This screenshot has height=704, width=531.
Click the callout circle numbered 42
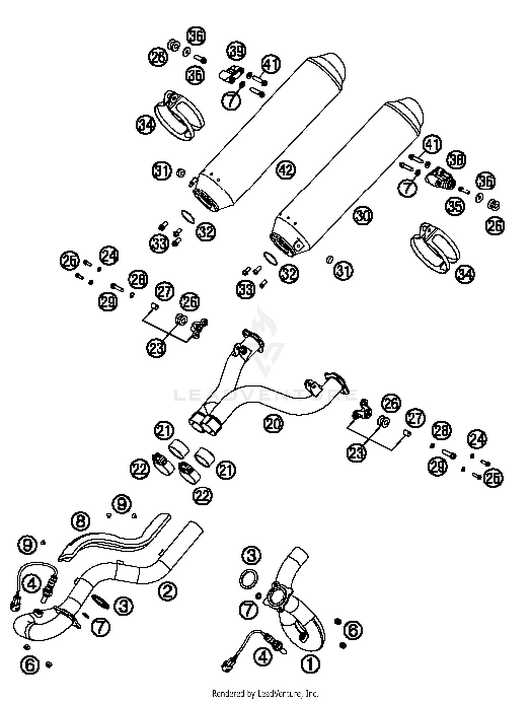[x=286, y=170]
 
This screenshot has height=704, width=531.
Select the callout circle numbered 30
[x=363, y=215]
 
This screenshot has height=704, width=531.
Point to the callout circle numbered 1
[x=310, y=663]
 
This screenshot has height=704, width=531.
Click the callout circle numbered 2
[x=167, y=590]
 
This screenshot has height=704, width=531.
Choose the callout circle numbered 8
[x=81, y=521]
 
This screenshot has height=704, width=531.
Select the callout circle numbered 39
[x=236, y=51]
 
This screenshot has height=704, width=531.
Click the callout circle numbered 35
[x=455, y=205]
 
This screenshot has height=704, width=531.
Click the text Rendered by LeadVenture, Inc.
[x=265, y=693]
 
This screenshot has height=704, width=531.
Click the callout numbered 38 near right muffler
[x=456, y=160]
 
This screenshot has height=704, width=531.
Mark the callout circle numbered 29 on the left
[x=108, y=302]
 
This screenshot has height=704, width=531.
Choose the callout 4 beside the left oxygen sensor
[x=32, y=583]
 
